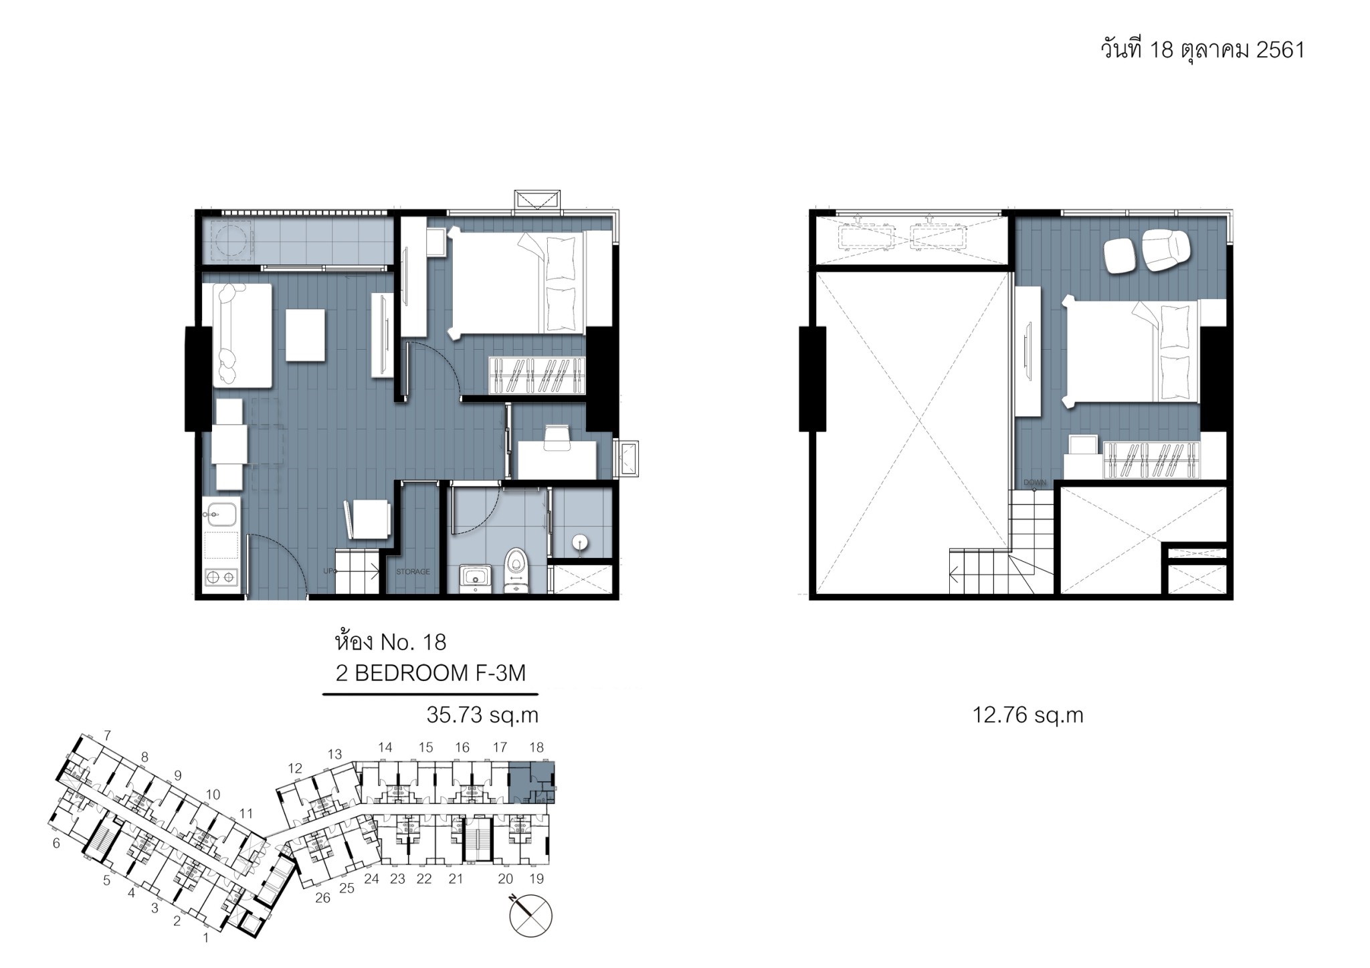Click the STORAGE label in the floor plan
pos(413,572)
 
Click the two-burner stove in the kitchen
pos(221,576)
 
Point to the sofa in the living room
pos(241,335)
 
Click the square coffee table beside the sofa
pos(306,335)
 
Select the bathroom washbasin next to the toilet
pos(475,577)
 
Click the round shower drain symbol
pos(580,543)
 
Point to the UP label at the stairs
pos(329,571)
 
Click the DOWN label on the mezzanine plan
pos(1034,482)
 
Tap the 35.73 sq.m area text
pos(482,715)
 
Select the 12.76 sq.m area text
pos(1027,715)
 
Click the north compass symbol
pos(530,915)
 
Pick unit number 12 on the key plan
pos(295,769)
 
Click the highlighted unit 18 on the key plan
pos(532,783)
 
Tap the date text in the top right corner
pos(1203,50)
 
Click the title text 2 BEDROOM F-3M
pos(431,673)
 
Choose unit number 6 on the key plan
pos(56,844)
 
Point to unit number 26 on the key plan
pos(322,898)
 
